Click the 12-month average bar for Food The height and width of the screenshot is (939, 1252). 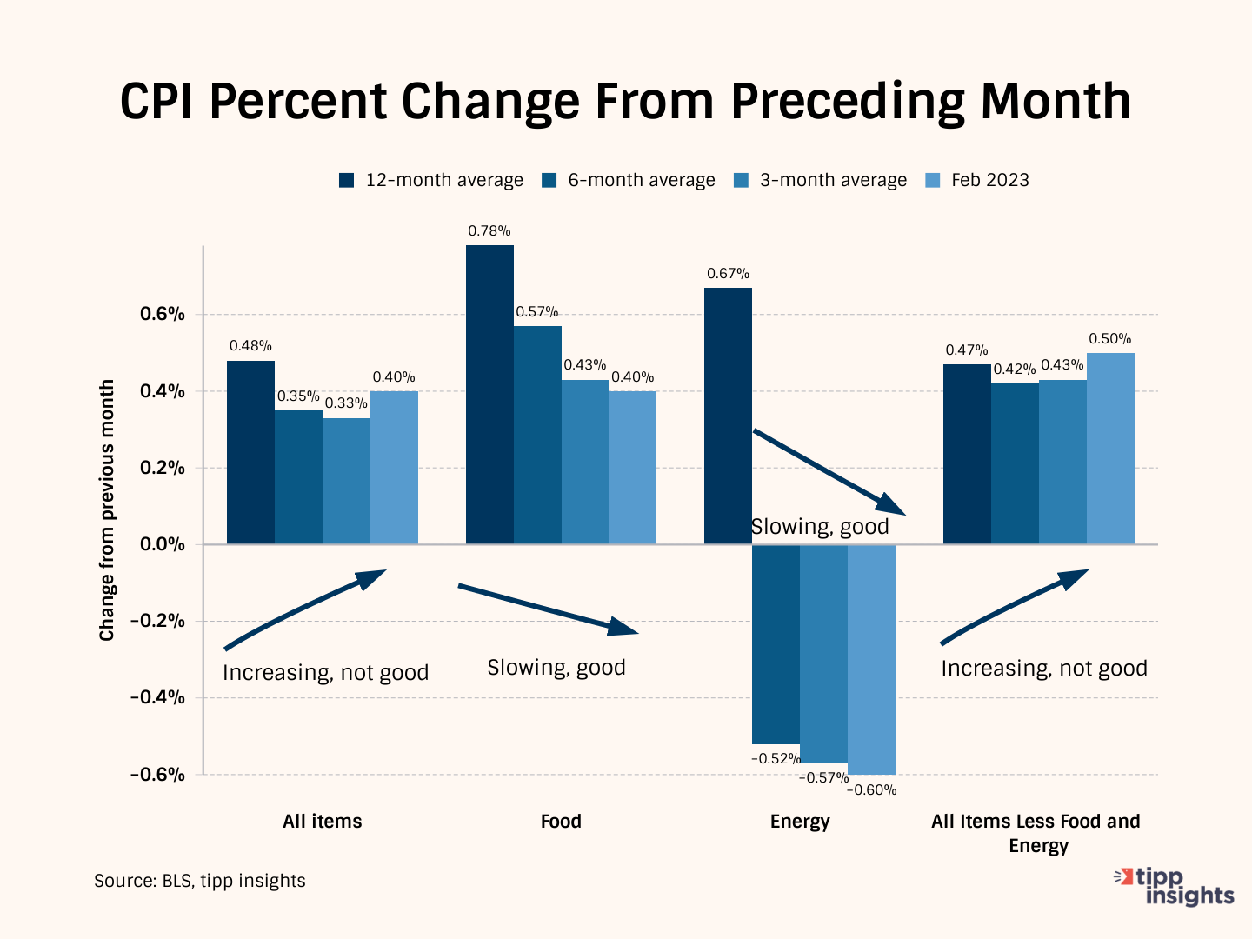point(489,395)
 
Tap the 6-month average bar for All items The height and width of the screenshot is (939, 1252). point(298,477)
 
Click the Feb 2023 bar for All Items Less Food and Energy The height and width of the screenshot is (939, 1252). point(1110,449)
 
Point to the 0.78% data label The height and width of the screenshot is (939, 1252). point(489,231)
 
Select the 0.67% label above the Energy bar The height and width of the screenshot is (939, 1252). point(728,274)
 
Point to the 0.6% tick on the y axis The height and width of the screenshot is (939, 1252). point(163,314)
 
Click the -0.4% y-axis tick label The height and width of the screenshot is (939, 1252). point(157,697)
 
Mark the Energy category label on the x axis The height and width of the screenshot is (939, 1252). point(800,822)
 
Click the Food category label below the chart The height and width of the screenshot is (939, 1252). point(561,822)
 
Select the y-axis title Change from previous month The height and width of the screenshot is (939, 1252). point(107,510)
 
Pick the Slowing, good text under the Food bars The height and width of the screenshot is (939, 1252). point(556,668)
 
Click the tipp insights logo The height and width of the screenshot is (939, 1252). point(1175,886)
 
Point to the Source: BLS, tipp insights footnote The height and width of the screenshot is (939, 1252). point(200,881)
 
